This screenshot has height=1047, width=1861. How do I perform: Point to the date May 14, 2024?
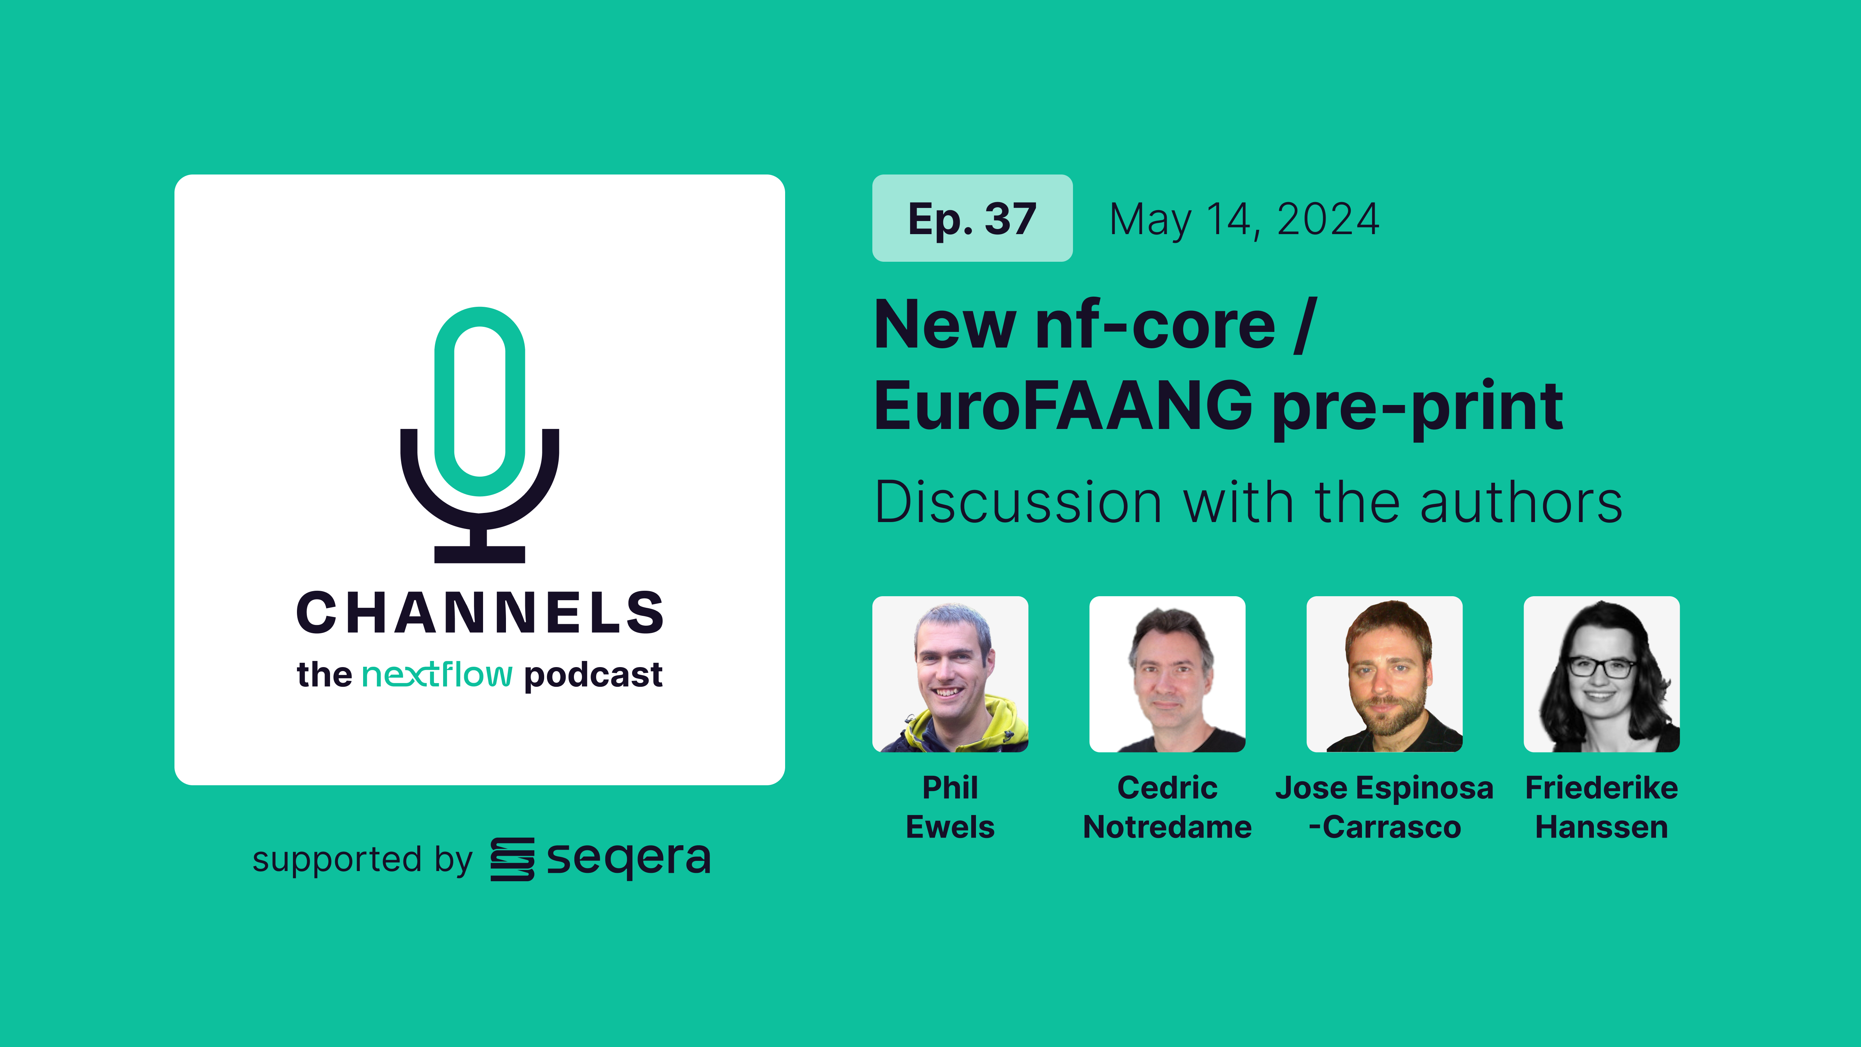(x=1244, y=220)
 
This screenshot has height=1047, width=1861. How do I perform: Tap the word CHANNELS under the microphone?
(x=480, y=613)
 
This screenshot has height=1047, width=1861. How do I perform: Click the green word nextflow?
(x=437, y=674)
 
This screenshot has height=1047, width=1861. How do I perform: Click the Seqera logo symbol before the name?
(x=512, y=859)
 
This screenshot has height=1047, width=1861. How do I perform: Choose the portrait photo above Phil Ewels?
(x=950, y=674)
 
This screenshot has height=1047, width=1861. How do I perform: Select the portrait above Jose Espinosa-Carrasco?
(x=1384, y=674)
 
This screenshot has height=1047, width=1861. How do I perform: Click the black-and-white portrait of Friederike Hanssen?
(x=1601, y=674)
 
